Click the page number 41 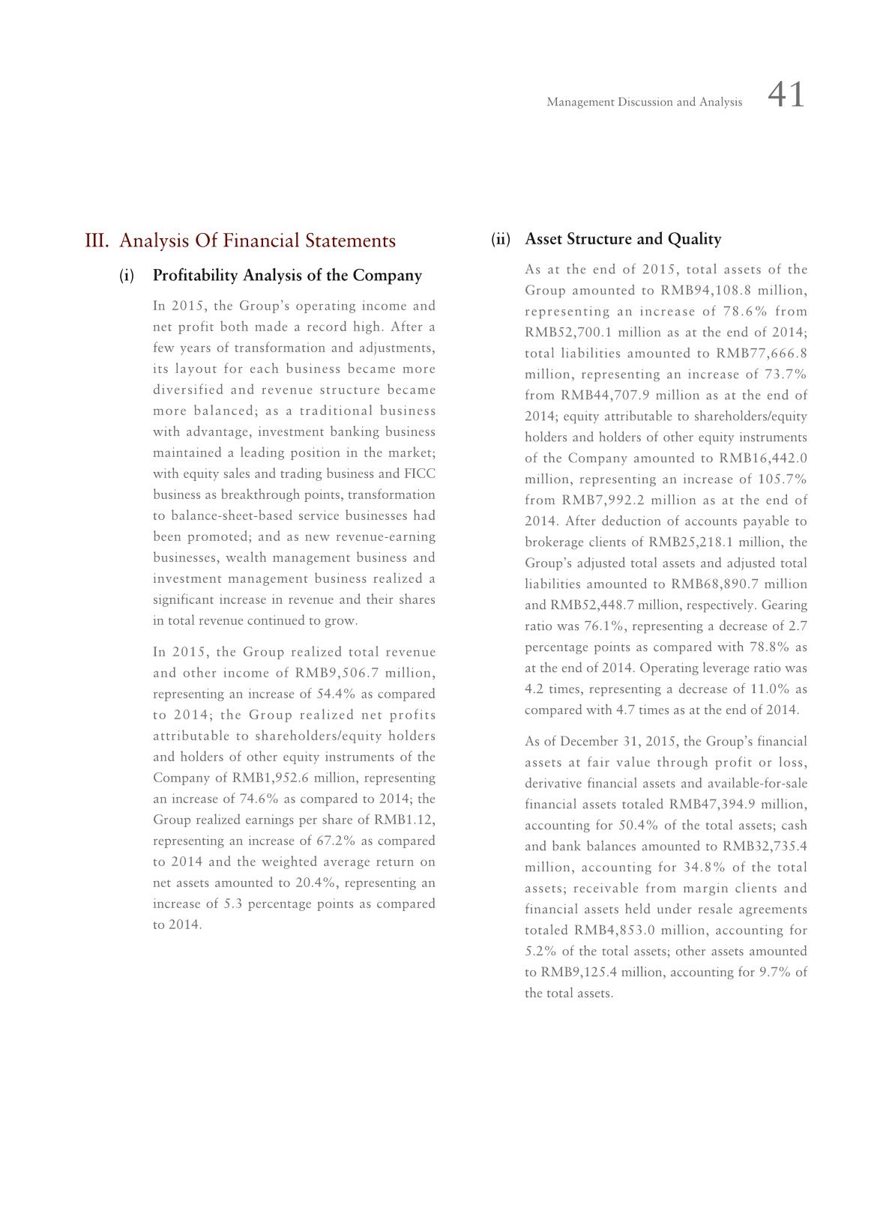coord(786,96)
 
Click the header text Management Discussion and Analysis coord(644,102)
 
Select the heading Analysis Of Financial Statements coord(257,241)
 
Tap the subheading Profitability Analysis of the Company coord(287,276)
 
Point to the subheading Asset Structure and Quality coord(623,240)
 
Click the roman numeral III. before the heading coord(97,241)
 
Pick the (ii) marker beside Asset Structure coord(501,240)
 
